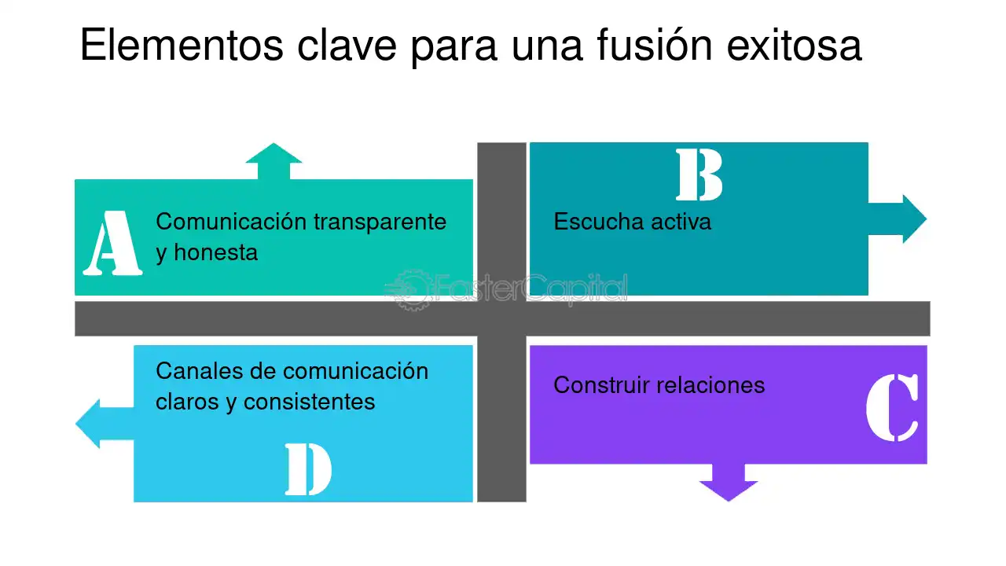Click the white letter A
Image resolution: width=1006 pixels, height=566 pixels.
[x=112, y=243]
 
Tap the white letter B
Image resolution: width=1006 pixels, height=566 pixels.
[x=699, y=175]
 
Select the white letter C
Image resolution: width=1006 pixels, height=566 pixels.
[x=892, y=407]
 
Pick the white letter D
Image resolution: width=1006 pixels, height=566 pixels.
[x=309, y=469]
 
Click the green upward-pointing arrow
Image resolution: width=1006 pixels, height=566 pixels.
[x=274, y=161]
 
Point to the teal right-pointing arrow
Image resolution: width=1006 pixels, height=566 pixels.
[x=898, y=219]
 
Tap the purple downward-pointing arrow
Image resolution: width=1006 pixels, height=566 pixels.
[x=729, y=483]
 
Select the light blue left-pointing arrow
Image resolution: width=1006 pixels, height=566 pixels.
[x=105, y=424]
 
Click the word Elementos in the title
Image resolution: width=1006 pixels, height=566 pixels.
[x=182, y=45]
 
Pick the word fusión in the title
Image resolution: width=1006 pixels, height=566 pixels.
[x=655, y=44]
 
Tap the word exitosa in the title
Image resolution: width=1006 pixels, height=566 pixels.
[x=794, y=45]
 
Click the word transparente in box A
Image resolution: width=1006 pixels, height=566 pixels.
[x=380, y=222]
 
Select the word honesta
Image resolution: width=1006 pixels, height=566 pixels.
[x=216, y=252]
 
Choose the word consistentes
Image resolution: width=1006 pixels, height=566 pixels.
[x=309, y=402]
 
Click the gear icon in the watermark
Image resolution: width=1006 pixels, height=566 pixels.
[x=411, y=290]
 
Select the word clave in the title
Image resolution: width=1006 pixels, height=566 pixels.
[x=347, y=45]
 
